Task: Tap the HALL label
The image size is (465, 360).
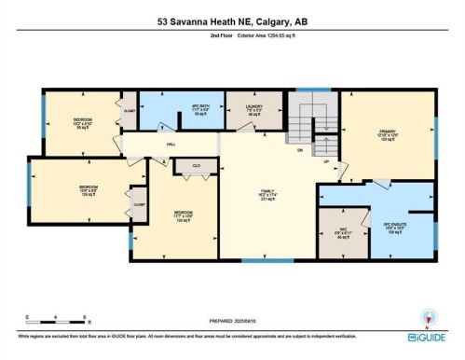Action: point(171,145)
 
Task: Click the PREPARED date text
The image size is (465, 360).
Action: point(233,316)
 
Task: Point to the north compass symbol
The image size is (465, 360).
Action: point(428,317)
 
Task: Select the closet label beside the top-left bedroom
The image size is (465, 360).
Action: point(129,110)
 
